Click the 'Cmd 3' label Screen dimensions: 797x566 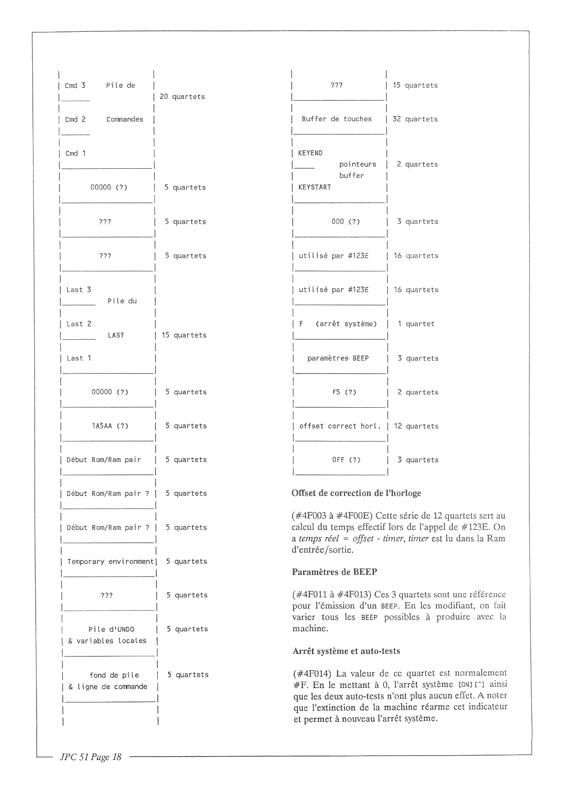click(75, 86)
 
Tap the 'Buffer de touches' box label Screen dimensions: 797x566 click(336, 119)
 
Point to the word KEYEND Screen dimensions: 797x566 click(310, 153)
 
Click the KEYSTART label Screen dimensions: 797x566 click(314, 187)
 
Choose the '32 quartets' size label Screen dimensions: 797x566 click(415, 119)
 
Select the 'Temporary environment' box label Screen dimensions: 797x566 click(110, 562)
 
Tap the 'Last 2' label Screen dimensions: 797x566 click(79, 324)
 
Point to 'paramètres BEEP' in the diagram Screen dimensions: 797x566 click(338, 358)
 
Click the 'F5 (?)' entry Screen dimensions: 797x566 click(344, 393)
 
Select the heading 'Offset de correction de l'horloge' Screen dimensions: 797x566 click(356, 493)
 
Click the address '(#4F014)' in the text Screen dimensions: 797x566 click(312, 673)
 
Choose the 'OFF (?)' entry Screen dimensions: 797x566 click(346, 460)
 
